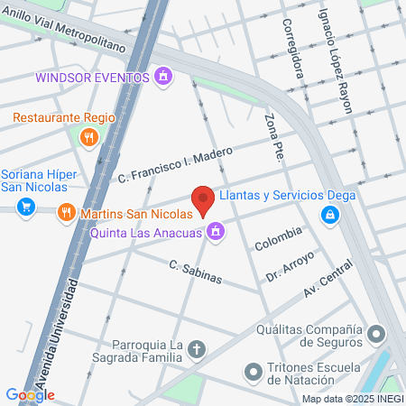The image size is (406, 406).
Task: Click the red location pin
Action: click(x=204, y=199)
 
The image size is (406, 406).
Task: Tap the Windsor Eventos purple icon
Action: click(x=162, y=78)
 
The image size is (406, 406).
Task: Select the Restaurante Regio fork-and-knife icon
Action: click(x=88, y=137)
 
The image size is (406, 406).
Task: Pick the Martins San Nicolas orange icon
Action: click(x=66, y=214)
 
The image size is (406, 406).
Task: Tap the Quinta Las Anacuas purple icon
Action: click(x=215, y=233)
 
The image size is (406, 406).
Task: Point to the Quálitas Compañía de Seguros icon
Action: click(x=377, y=336)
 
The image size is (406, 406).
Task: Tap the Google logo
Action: click(x=30, y=394)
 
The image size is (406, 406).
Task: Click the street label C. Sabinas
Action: click(x=195, y=271)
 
